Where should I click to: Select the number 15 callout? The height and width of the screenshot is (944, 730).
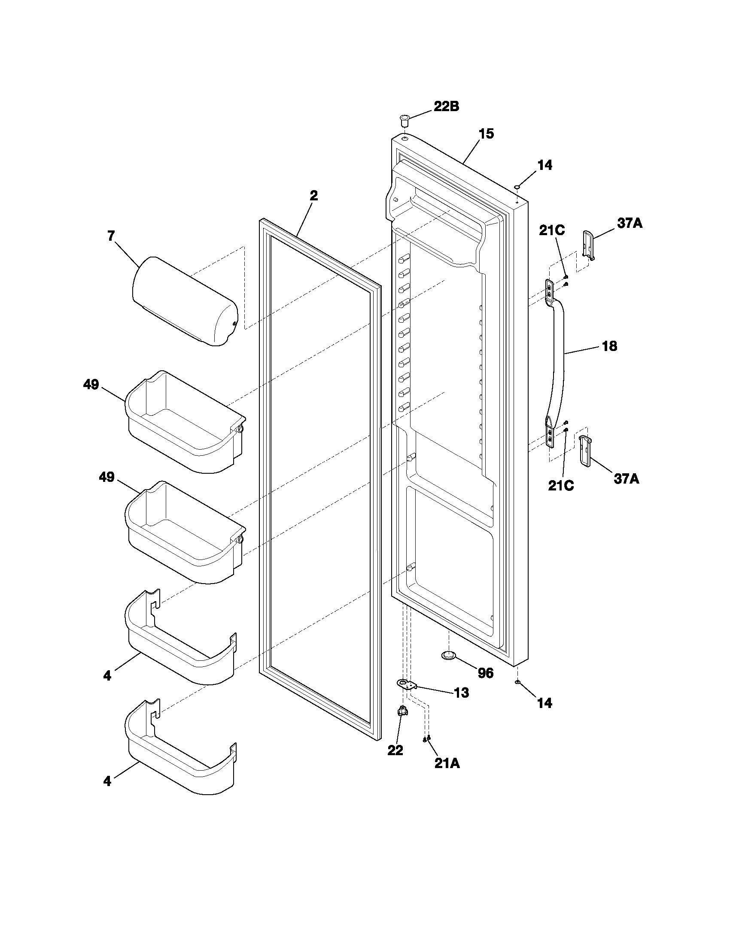pos(486,134)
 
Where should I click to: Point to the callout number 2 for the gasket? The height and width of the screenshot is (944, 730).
pos(314,196)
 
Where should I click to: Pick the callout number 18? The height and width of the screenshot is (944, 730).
pos(609,346)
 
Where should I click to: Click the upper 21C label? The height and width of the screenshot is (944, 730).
pos(551,230)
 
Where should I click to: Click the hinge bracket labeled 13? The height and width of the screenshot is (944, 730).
pos(406,684)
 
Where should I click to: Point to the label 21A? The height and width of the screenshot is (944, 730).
pos(447,764)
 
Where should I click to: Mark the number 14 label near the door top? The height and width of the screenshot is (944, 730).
pos(544,165)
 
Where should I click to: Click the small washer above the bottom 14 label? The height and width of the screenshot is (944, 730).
pos(517,682)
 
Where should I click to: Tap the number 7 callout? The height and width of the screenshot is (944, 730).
pos(111,236)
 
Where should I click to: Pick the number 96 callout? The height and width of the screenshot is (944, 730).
pos(486,673)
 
